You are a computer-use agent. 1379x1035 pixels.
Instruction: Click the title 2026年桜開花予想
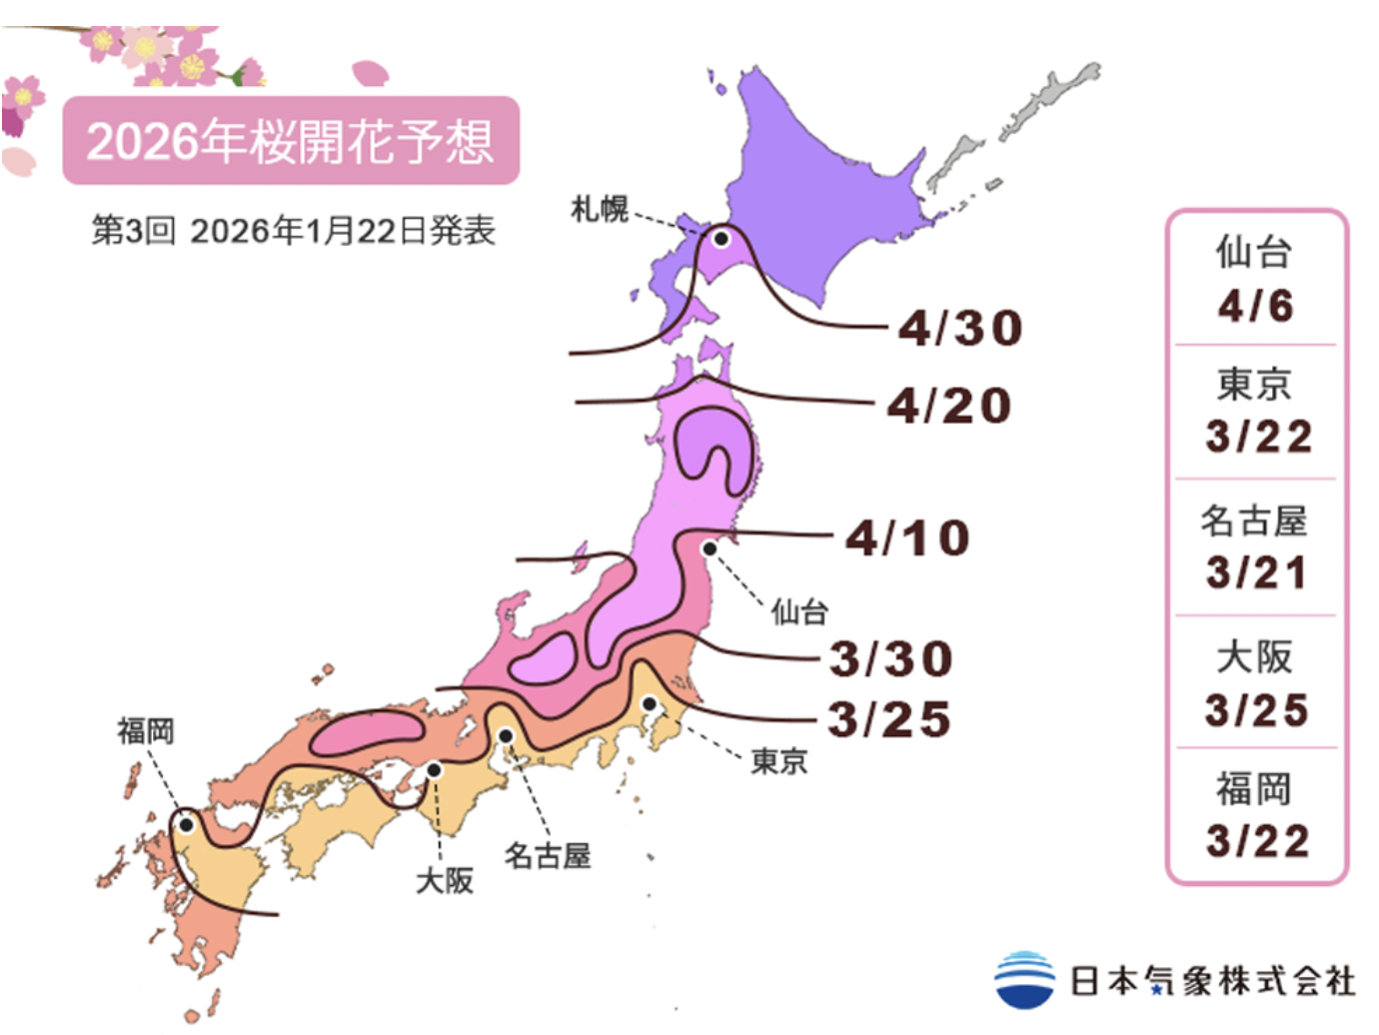[290, 141]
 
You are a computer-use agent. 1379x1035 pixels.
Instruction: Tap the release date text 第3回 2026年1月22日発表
[293, 231]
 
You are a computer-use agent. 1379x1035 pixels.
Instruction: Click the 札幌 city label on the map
[599, 209]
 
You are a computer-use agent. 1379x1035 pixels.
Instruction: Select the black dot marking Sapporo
[720, 239]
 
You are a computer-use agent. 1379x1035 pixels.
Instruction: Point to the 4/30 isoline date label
[960, 328]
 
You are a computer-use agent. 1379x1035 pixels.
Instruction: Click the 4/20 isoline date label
[949, 406]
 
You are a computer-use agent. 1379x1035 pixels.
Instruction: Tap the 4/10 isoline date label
[907, 538]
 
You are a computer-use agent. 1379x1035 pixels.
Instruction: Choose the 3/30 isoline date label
[891, 659]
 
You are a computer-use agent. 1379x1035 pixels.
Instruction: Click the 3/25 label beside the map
[889, 719]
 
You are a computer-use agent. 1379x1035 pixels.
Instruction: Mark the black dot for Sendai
[709, 548]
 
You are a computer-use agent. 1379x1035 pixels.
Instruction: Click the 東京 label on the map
[778, 761]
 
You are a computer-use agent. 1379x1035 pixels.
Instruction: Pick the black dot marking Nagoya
[506, 736]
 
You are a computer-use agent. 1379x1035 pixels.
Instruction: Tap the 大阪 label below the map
[445, 880]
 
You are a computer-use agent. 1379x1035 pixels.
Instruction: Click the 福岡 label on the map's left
[146, 730]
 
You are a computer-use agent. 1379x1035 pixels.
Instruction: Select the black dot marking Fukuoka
[186, 824]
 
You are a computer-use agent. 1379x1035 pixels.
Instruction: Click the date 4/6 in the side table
[1255, 306]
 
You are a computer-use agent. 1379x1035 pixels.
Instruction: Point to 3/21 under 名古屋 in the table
[1256, 572]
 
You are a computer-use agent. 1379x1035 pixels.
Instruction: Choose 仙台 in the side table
[1254, 252]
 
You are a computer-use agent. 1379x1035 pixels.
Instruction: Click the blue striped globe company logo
[1024, 980]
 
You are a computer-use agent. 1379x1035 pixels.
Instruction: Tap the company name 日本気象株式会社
[1212, 981]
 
